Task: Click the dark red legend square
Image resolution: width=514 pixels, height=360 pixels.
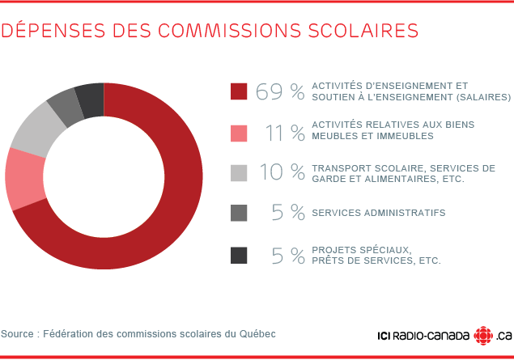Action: point(239,91)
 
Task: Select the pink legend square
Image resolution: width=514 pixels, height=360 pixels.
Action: point(239,132)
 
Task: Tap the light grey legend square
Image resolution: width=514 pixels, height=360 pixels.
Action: point(239,172)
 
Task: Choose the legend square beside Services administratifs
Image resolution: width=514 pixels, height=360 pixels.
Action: point(239,213)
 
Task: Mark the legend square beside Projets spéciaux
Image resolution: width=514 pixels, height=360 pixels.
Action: point(239,255)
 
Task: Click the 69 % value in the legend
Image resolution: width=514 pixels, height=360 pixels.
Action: point(280,91)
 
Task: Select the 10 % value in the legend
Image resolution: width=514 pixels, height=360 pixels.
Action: point(282,172)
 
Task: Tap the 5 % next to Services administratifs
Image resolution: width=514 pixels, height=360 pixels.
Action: point(288,213)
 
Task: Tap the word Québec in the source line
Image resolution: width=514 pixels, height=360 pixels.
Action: point(258,333)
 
